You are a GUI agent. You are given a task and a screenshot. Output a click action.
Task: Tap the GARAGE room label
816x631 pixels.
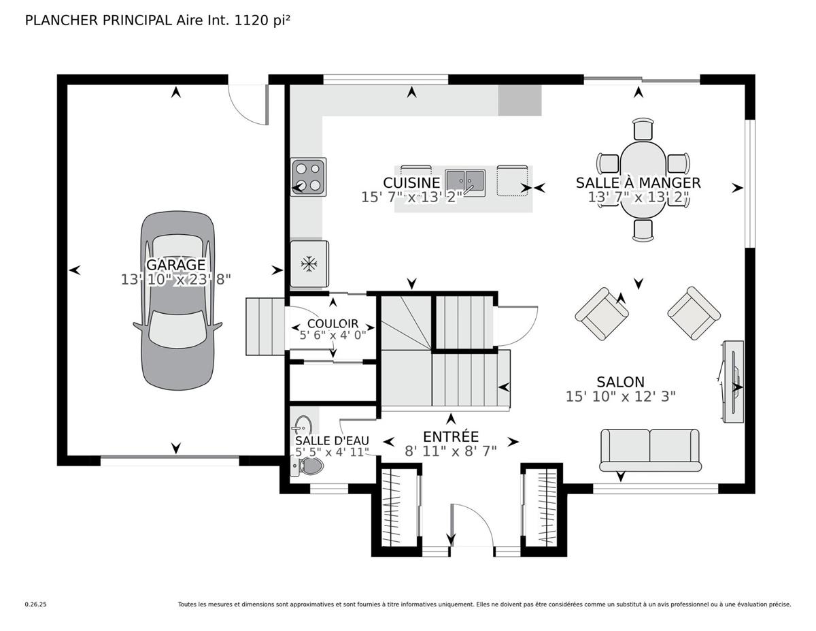175,265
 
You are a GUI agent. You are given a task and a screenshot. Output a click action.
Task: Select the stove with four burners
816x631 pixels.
308,177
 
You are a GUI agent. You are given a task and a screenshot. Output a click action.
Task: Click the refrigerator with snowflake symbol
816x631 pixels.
309,263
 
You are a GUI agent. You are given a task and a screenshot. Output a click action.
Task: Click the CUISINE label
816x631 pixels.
411,182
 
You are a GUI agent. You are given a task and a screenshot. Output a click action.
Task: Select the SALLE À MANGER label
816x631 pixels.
638,182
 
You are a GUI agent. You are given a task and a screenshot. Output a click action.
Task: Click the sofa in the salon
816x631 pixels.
649,449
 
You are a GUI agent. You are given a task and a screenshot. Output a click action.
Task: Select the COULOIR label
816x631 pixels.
333,323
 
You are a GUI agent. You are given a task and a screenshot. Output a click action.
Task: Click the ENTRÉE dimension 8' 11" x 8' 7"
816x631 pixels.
450,451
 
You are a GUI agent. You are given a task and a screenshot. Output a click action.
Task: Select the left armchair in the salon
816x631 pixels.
602,314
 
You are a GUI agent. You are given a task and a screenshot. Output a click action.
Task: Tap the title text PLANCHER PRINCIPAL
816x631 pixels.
98,20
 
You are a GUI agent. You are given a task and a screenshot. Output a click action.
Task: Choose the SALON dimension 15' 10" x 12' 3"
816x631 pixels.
620,396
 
